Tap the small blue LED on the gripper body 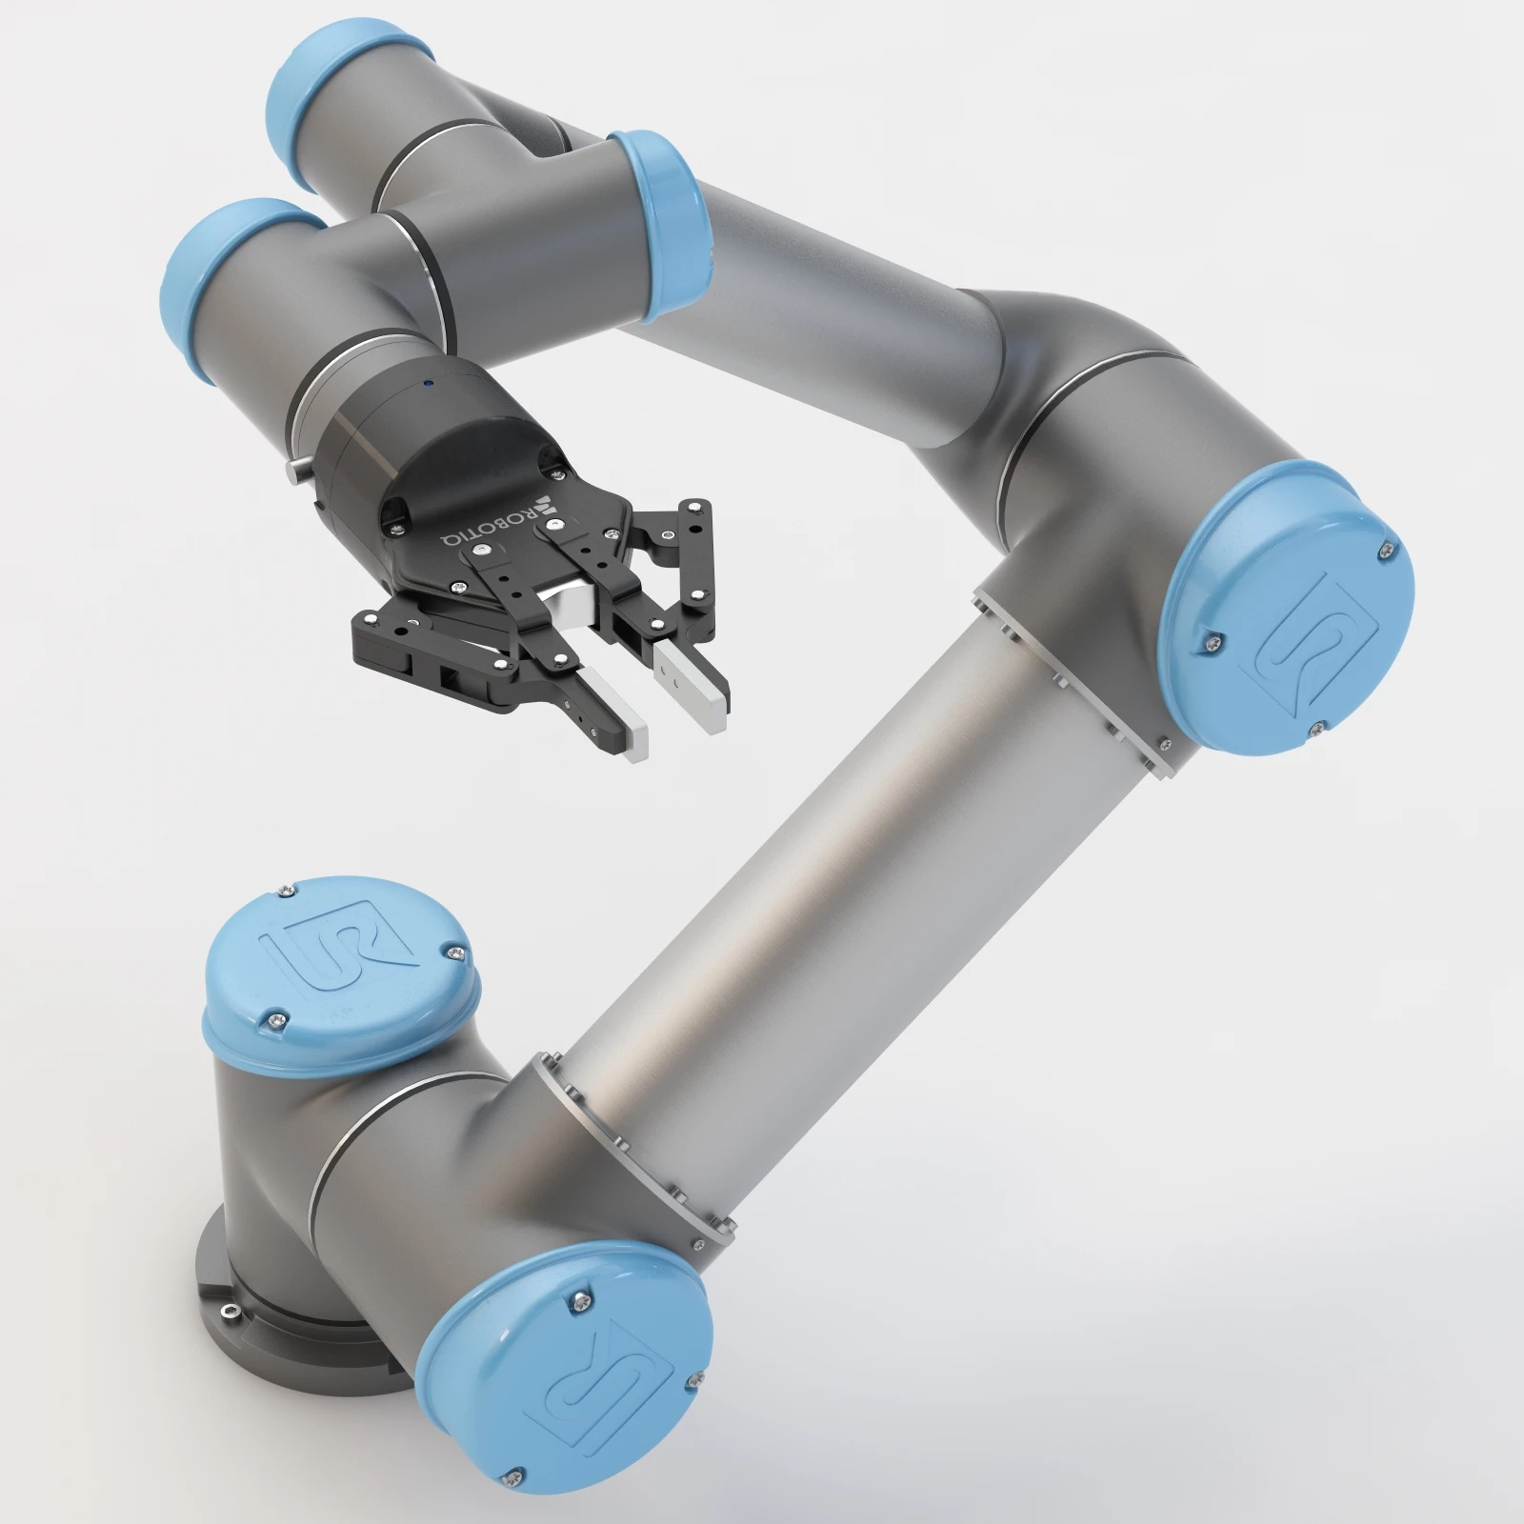428,384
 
